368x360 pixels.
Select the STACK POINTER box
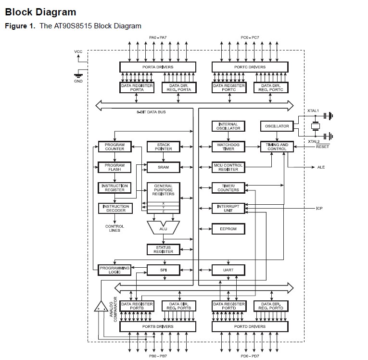pyautogui.click(x=163, y=147)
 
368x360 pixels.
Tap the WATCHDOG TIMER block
pyautogui.click(x=228, y=147)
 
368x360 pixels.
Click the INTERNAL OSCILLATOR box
pyautogui.click(x=228, y=126)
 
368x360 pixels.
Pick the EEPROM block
pyautogui.click(x=228, y=229)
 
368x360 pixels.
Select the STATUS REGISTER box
pyautogui.click(x=163, y=249)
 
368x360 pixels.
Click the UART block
pyautogui.click(x=228, y=270)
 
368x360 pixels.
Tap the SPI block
pyautogui.click(x=163, y=270)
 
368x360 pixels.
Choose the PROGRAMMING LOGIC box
pyautogui.click(x=114, y=270)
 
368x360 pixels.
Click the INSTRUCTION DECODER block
pyautogui.click(x=114, y=208)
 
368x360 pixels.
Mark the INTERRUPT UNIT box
pyautogui.click(x=228, y=208)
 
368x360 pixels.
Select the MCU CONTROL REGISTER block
pyautogui.click(x=228, y=167)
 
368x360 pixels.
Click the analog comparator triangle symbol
pyautogui.click(x=101, y=306)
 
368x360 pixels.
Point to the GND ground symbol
pyautogui.click(x=77, y=75)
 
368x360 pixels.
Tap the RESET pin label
pyautogui.click(x=322, y=147)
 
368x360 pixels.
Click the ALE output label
pyautogui.click(x=321, y=167)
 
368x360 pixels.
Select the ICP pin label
pyautogui.click(x=319, y=208)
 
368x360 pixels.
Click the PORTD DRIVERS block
pyautogui.click(x=250, y=326)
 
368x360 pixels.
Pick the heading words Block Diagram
pyautogui.click(x=40, y=12)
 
